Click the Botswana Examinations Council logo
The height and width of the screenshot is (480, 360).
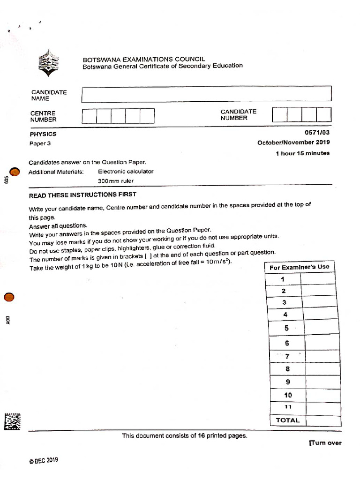tap(49, 64)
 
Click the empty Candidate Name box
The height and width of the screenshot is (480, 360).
tap(206, 94)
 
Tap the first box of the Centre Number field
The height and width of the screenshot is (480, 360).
tap(89, 116)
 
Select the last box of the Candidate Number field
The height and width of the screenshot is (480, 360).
tap(323, 114)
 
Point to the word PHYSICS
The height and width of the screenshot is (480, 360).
tap(43, 134)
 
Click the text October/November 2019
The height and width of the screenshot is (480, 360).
tap(293, 142)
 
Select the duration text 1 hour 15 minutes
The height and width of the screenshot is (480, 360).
tap(302, 153)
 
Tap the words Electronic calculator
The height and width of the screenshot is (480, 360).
tap(126, 172)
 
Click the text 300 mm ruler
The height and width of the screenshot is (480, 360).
tap(115, 181)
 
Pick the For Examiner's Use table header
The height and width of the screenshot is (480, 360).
tap(300, 267)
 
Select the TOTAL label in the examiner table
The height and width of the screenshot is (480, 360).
tap(287, 420)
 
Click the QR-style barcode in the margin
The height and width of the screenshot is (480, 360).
tap(13, 421)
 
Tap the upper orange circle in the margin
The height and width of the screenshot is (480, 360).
tap(15, 172)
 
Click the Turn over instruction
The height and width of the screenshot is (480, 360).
tap(325, 443)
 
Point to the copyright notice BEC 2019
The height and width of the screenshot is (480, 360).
tap(44, 460)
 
